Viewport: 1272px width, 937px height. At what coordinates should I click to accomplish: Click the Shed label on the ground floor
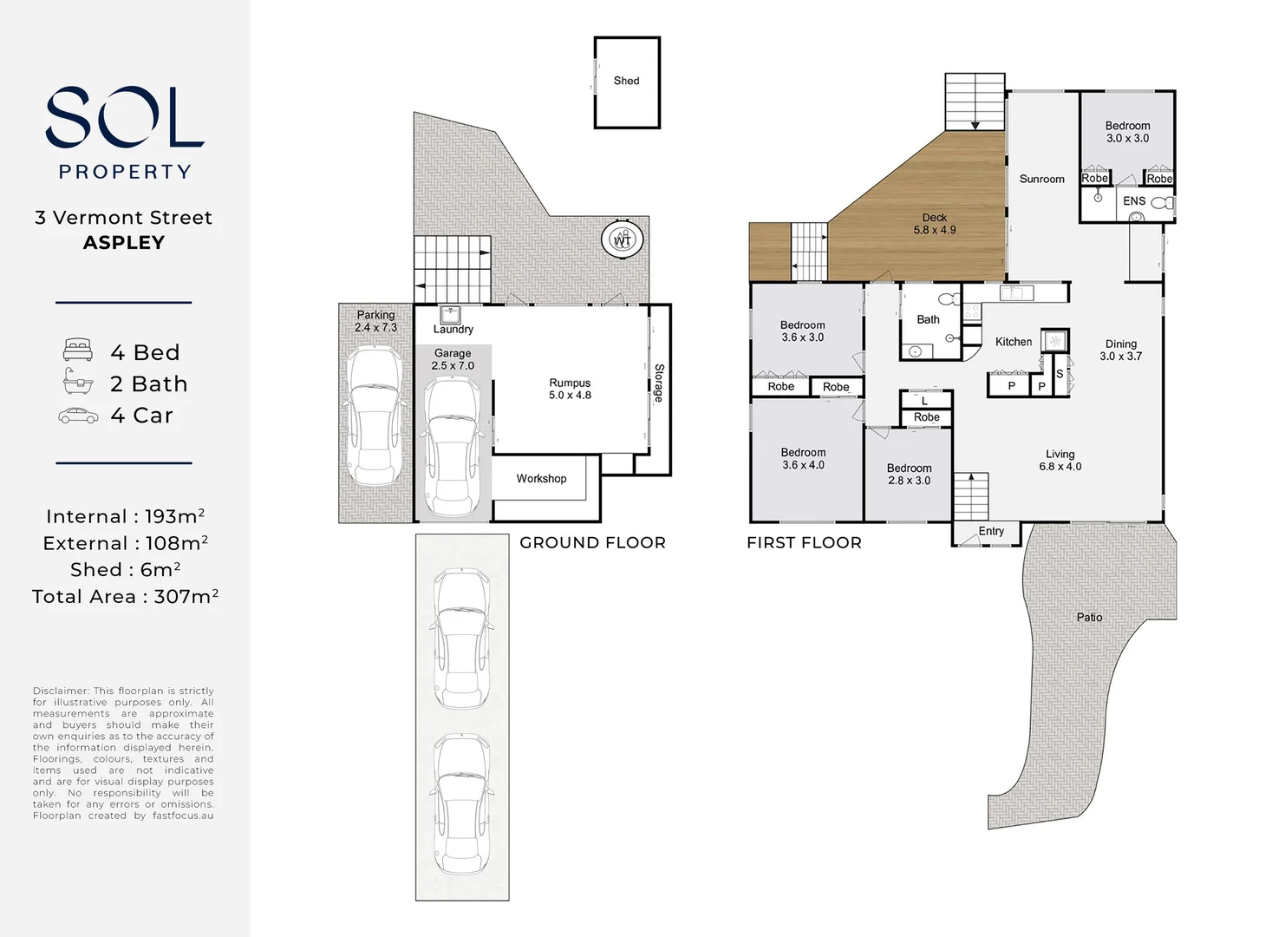click(626, 81)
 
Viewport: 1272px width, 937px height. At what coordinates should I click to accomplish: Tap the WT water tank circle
click(623, 239)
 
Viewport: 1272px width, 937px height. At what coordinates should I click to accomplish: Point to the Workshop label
click(541, 478)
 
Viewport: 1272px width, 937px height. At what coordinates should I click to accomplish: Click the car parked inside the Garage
click(453, 446)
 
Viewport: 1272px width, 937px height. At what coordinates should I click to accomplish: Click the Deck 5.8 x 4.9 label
click(934, 224)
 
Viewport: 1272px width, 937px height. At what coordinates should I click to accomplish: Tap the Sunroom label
click(1041, 179)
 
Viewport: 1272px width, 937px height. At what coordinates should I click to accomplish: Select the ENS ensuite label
click(1134, 200)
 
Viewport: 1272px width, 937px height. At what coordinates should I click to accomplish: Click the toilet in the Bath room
click(949, 298)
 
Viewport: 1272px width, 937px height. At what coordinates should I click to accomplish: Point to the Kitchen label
click(1014, 342)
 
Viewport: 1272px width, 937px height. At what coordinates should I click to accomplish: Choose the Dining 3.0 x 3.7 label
click(1120, 350)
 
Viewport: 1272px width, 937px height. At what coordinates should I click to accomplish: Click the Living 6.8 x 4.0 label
click(1060, 461)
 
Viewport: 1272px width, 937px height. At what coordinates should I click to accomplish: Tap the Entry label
click(991, 531)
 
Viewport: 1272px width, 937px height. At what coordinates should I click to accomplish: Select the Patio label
click(1089, 617)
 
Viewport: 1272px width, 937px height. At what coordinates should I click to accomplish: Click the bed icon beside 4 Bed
click(78, 350)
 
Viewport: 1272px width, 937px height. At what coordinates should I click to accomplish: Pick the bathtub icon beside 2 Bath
click(78, 381)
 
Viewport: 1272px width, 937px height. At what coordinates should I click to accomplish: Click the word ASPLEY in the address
click(124, 243)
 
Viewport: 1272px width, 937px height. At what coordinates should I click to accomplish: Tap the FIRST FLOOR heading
click(804, 542)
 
